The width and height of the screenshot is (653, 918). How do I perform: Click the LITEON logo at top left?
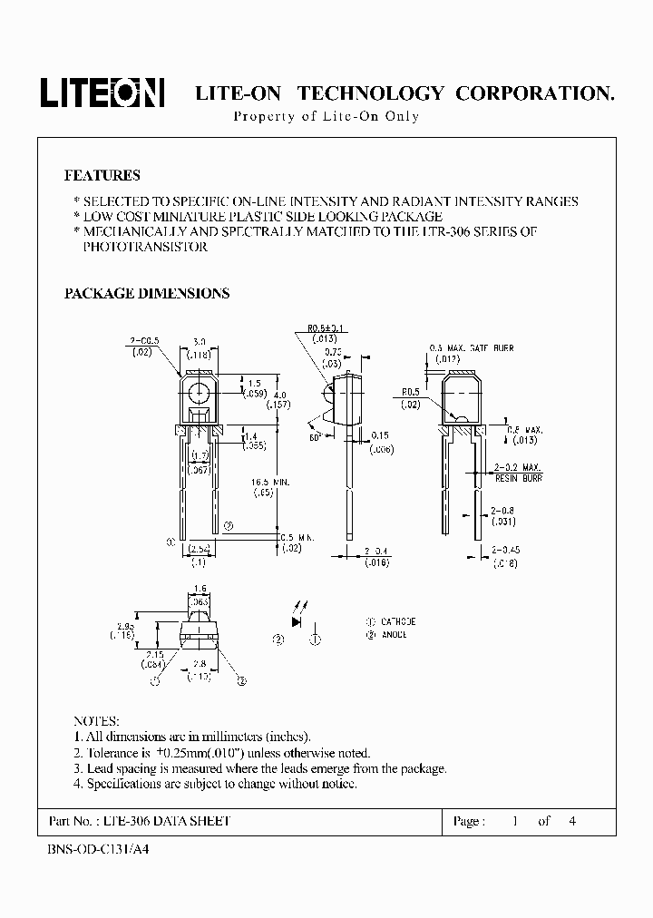[101, 92]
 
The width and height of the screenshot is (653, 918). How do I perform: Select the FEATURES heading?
[102, 175]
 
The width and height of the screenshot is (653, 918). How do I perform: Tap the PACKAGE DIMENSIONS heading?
[146, 293]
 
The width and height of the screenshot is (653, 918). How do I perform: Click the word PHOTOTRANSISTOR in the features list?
[145, 247]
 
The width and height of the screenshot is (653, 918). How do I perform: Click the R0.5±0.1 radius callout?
[323, 328]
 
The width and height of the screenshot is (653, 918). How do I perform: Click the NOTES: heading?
[95, 718]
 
